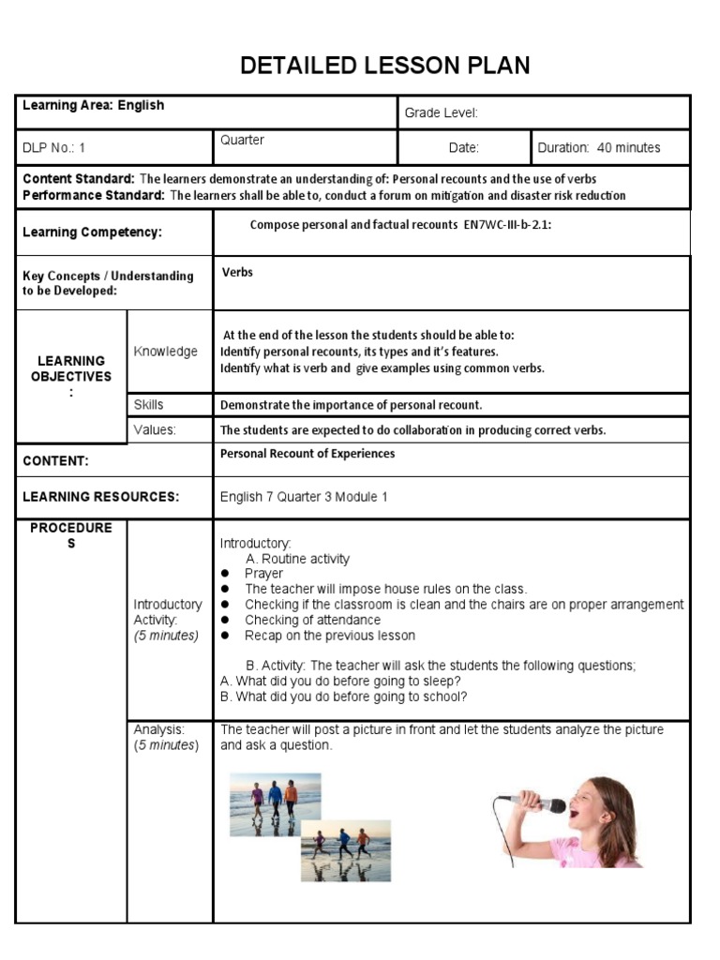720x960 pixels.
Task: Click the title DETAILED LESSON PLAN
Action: [385, 66]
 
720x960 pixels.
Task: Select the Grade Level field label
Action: [441, 113]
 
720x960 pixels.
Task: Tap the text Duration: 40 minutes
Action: [598, 148]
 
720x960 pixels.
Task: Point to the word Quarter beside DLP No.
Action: [242, 141]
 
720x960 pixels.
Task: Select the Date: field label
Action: [463, 148]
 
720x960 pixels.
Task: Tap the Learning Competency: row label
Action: [92, 232]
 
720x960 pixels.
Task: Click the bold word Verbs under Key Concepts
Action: [237, 273]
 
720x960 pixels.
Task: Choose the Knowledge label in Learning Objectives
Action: [165, 352]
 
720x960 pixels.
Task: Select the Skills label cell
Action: [148, 405]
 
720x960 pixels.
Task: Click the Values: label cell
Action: [155, 429]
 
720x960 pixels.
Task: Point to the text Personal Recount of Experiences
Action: [307, 454]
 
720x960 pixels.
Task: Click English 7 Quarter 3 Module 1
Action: [303, 497]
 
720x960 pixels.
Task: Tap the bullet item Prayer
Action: [263, 574]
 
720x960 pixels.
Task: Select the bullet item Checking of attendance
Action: [312, 620]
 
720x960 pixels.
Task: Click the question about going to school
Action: [343, 697]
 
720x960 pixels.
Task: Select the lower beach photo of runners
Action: [345, 849]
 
